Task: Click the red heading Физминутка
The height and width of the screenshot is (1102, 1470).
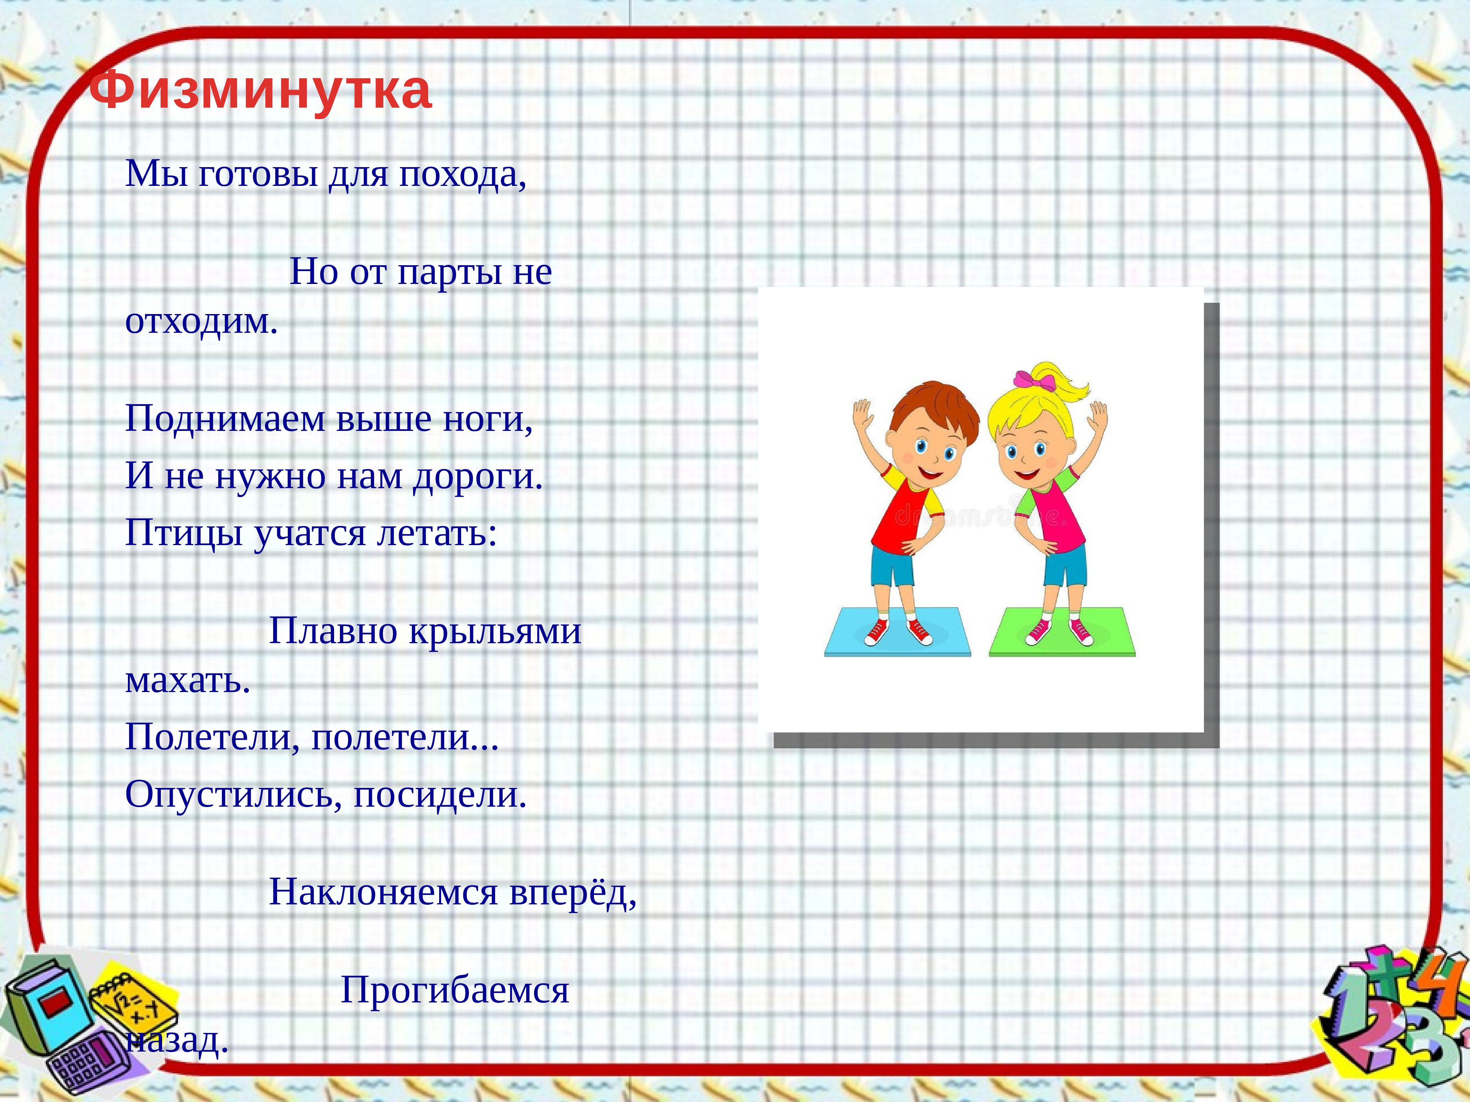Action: click(x=260, y=90)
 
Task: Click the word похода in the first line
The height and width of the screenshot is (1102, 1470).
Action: click(x=463, y=175)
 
